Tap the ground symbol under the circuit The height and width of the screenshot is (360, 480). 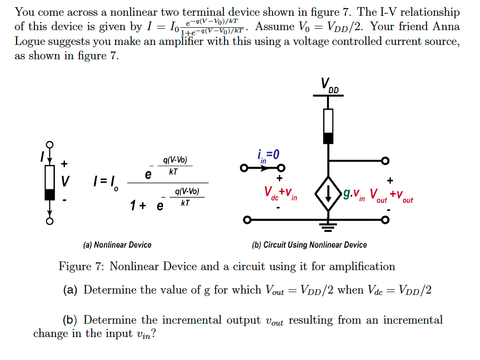[328, 227]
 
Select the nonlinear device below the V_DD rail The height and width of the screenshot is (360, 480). [328, 126]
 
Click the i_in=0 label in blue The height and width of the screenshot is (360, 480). [268, 155]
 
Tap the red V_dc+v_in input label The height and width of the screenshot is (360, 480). [281, 193]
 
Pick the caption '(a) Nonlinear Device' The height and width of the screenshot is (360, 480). [117, 245]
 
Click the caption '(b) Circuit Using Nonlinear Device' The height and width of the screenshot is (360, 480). [309, 245]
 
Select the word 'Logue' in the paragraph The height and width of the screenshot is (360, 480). [30, 41]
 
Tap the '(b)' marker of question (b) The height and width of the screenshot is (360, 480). [71, 320]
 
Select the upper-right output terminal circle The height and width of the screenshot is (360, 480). [385, 161]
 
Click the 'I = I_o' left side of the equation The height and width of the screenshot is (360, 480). [107, 183]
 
